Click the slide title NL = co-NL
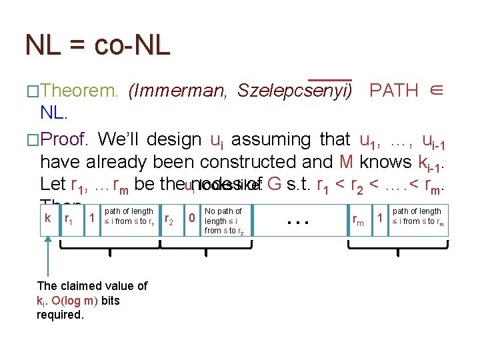pos(97,45)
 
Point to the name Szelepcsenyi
pos(294,91)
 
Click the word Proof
pos(65,139)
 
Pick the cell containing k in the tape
pos(48,218)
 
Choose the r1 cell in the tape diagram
pos(69,218)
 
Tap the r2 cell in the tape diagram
pos(169,218)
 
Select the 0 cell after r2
pos(192,218)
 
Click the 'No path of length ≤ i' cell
pos(224,221)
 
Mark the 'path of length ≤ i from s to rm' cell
pos(417,217)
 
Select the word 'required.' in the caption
pos(60,314)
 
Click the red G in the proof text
pos(273,183)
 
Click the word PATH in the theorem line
pos(393,91)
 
